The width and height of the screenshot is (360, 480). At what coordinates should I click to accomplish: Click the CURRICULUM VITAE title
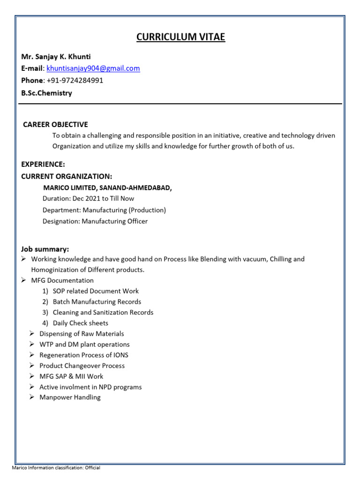(x=180, y=37)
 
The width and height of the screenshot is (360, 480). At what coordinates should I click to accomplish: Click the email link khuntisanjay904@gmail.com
(x=93, y=68)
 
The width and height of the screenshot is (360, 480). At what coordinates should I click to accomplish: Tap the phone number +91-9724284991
(x=75, y=80)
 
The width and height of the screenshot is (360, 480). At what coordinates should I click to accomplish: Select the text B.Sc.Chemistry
(x=46, y=93)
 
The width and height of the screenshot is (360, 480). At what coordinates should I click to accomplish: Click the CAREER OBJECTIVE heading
(x=55, y=124)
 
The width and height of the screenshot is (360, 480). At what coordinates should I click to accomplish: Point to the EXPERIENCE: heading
(x=43, y=165)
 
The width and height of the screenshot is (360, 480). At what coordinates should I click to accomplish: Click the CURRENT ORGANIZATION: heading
(x=67, y=176)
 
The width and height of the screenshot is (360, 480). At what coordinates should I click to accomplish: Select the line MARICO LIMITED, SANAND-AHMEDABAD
(x=107, y=187)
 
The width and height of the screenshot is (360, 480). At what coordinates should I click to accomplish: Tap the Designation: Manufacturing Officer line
(x=95, y=221)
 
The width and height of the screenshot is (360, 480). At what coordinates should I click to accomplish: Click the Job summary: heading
(x=45, y=249)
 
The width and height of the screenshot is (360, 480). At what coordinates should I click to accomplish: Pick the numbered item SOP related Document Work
(x=96, y=291)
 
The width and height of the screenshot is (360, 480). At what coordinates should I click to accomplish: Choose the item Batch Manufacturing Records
(x=97, y=302)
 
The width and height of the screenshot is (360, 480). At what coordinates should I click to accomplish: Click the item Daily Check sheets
(x=80, y=323)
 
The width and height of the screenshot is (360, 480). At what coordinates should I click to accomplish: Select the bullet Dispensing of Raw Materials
(x=82, y=334)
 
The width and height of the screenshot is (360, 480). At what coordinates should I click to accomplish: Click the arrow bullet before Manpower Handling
(x=31, y=397)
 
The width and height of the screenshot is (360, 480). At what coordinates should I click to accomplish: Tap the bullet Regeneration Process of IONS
(x=83, y=355)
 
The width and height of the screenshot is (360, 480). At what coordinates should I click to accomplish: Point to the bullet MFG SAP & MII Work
(x=71, y=376)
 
